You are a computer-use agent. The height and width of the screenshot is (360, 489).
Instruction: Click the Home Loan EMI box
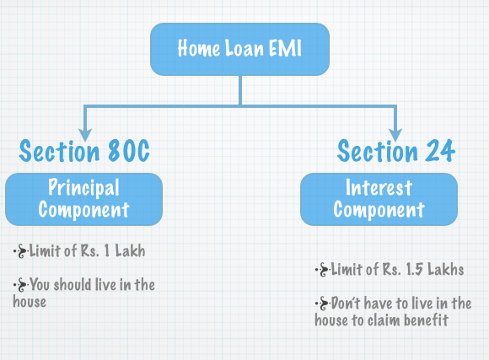click(239, 48)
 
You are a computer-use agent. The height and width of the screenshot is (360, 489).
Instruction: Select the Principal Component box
click(83, 198)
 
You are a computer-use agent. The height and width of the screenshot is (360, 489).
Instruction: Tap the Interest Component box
click(378, 198)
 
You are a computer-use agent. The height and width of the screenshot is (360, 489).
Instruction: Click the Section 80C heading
click(84, 152)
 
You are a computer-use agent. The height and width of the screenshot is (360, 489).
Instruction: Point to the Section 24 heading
click(396, 152)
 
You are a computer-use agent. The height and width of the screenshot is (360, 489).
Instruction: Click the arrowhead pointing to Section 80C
click(84, 133)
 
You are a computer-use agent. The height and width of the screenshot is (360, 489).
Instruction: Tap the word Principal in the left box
click(83, 187)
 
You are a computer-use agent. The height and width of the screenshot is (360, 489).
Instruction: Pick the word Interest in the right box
click(379, 187)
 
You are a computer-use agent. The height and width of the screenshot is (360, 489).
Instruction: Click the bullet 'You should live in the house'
click(83, 293)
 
